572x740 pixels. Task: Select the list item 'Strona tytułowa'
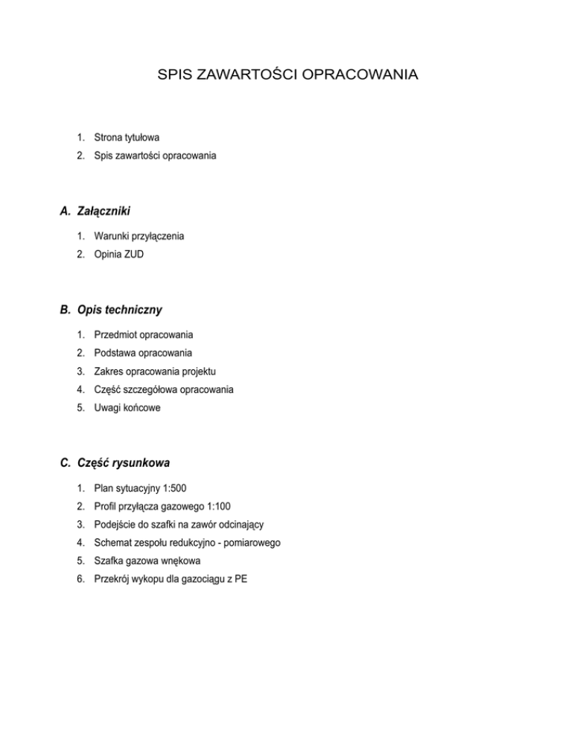127,138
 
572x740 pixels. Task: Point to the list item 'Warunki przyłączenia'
139,237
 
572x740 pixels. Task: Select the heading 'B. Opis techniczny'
111,310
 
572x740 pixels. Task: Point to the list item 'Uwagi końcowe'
127,408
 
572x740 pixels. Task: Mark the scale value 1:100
215,506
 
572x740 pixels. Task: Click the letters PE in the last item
241,579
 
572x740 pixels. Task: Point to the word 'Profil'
106,506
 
